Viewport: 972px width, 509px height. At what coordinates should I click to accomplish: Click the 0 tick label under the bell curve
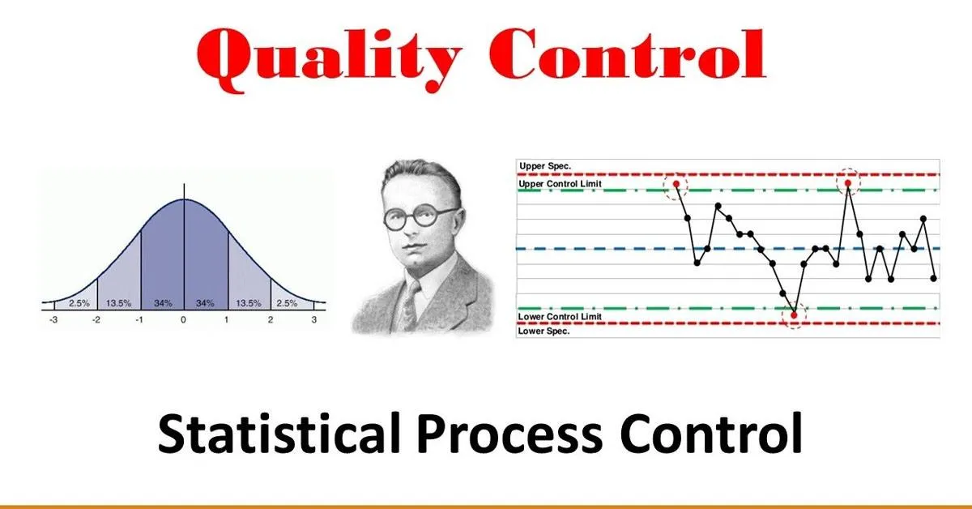tap(184, 320)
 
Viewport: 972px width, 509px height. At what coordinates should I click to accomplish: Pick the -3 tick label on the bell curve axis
tap(53, 320)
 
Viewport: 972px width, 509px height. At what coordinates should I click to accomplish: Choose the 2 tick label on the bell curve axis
tap(271, 320)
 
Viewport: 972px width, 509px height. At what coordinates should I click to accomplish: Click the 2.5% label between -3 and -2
tap(78, 303)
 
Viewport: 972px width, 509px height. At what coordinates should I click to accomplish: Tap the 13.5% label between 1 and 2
tap(248, 303)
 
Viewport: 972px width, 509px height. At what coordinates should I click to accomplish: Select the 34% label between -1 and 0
tap(162, 303)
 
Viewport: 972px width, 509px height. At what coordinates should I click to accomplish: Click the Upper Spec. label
tap(545, 166)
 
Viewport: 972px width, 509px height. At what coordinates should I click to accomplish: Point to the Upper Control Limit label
tap(560, 184)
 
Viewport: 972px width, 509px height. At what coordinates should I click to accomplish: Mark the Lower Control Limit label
tap(560, 316)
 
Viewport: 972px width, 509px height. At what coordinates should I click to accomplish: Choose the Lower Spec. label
tap(545, 331)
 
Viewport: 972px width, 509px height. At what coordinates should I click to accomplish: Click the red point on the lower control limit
tap(795, 314)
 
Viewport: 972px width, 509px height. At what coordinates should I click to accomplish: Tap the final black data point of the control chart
tap(934, 278)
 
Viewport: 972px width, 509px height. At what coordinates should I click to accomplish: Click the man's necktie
tap(410, 301)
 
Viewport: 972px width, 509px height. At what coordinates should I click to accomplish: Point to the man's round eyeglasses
tap(420, 218)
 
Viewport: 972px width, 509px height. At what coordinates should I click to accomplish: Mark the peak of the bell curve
tap(184, 199)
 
